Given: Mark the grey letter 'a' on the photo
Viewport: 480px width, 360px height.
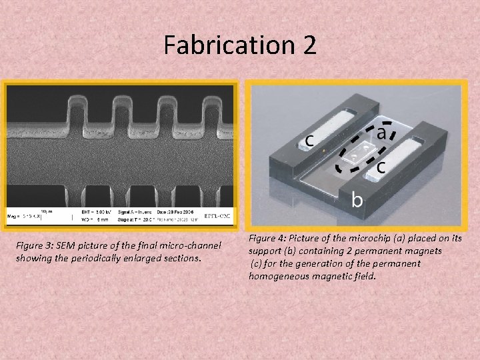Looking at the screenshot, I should [x=382, y=132].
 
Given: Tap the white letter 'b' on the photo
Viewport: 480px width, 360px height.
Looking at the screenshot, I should [x=358, y=199].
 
